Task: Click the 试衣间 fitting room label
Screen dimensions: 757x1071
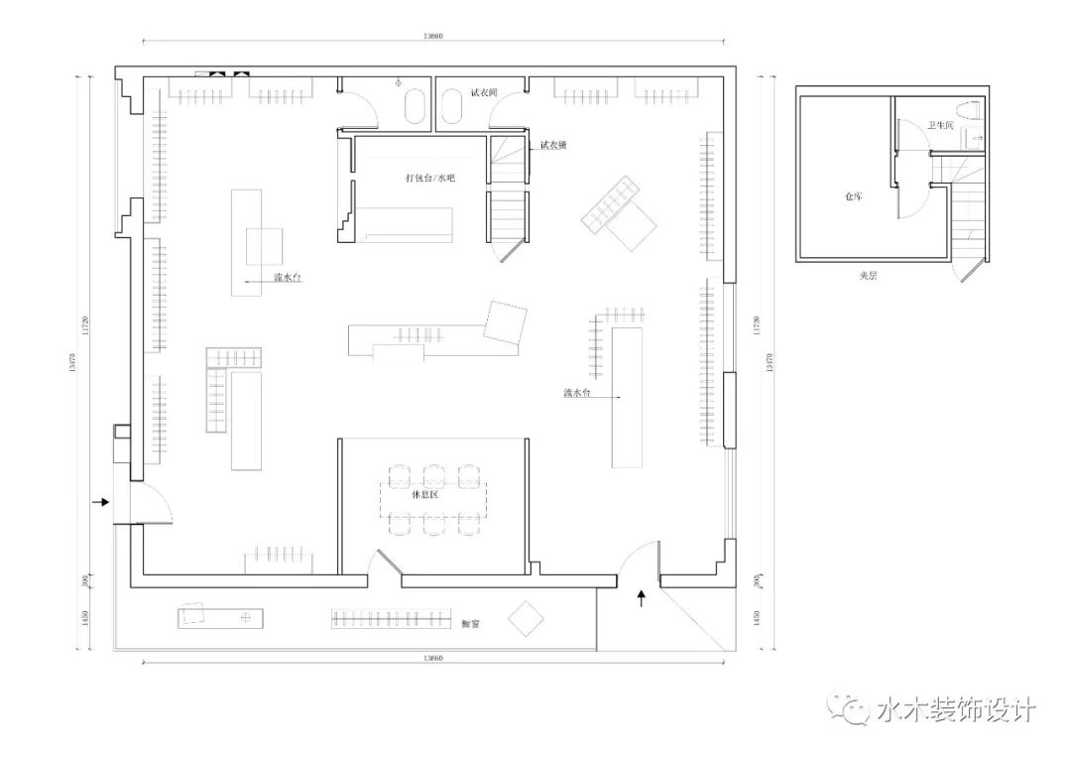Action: pyautogui.click(x=483, y=92)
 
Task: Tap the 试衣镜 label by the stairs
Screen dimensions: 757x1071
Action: pyautogui.click(x=552, y=145)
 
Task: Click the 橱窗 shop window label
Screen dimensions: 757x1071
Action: pyautogui.click(x=471, y=624)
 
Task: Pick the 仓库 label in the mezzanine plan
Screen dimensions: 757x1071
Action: pyautogui.click(x=853, y=196)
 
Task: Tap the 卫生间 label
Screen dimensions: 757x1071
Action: pyautogui.click(x=940, y=126)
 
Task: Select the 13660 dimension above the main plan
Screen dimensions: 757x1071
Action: pyautogui.click(x=432, y=36)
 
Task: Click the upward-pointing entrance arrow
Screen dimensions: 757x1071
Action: pyautogui.click(x=641, y=597)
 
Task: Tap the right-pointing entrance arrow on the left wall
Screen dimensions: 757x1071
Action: pyautogui.click(x=100, y=503)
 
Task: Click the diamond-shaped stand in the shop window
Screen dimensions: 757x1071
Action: pyautogui.click(x=526, y=619)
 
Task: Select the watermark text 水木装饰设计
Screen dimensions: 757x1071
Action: pyautogui.click(x=956, y=710)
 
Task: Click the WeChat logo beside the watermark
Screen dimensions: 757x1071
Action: pyautogui.click(x=852, y=708)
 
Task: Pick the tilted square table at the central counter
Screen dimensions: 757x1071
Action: pyautogui.click(x=505, y=322)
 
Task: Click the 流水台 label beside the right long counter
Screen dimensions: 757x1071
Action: pyautogui.click(x=577, y=393)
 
